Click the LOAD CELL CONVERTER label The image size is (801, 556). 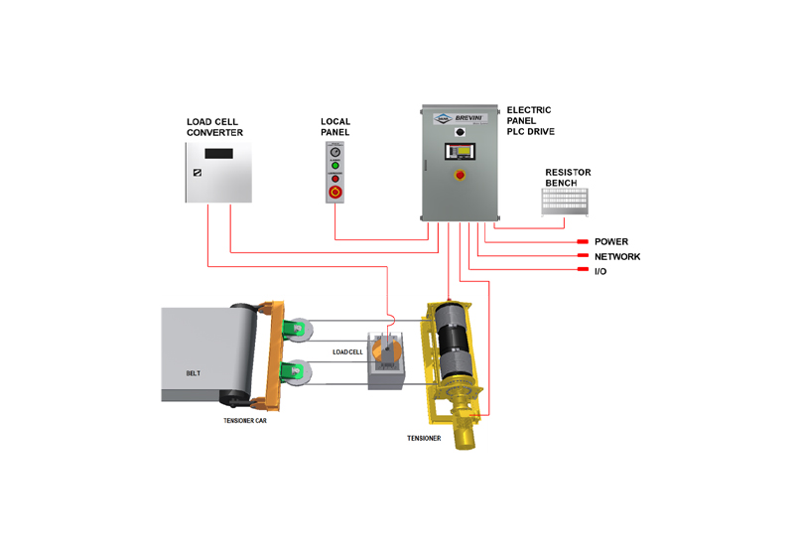214,127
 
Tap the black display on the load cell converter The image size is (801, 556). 218,153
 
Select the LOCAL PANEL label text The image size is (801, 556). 335,127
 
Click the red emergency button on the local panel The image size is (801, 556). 335,192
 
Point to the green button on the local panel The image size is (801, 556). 335,166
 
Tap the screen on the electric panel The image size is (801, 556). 460,153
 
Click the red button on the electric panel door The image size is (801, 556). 460,176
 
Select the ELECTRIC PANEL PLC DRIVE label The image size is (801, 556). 530,120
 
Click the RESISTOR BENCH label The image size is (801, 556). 568,178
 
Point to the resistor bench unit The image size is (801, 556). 568,203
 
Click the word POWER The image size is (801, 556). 610,242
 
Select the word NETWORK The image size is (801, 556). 616,257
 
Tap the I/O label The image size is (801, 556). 601,272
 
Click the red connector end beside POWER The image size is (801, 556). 583,242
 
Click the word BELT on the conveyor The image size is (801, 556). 195,373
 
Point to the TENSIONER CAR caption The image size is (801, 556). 244,420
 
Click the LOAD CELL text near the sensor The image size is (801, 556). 347,351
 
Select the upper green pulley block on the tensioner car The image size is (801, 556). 294,329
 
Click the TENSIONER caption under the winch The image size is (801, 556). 424,438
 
